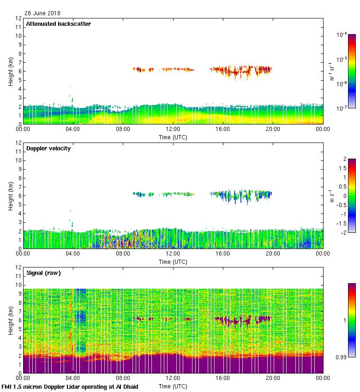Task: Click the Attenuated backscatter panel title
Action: point(59,24)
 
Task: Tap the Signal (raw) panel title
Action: point(44,273)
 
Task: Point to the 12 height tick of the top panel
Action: point(18,18)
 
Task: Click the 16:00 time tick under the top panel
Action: point(223,130)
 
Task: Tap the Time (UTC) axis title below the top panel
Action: point(173,137)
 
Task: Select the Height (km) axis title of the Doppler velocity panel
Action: point(10,196)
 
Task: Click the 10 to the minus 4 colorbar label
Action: point(342,35)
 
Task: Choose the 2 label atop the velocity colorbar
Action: point(345,159)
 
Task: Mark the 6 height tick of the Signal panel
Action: point(19,321)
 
